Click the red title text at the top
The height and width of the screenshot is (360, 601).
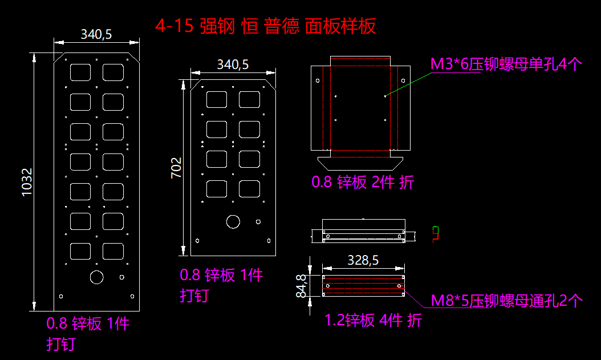pos(266,26)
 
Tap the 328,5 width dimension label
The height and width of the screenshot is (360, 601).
pos(363,260)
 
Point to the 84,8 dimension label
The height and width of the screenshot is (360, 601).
pos(302,285)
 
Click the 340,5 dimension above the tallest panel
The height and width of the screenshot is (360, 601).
pos(96,34)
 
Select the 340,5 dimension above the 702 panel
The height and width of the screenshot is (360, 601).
pos(233,64)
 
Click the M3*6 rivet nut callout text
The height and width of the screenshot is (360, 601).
pos(505,64)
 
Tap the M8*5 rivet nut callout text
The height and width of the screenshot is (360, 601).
pos(506,301)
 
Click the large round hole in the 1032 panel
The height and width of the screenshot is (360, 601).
pos(96,277)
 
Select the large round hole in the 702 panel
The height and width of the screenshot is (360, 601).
pos(233,221)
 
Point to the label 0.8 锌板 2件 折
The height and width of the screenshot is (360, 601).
pos(363,183)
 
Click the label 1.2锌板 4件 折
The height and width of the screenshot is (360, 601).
pos(373,320)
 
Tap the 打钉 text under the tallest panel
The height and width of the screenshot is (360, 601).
pos(61,345)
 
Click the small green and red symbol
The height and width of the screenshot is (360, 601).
pos(436,233)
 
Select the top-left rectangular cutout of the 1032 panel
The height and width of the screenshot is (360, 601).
pos(80,71)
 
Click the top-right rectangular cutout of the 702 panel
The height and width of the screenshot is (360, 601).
pos(249,99)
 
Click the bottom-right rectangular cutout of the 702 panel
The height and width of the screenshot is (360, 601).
pos(249,188)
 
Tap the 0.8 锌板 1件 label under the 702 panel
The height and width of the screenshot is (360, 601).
pos(221,276)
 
